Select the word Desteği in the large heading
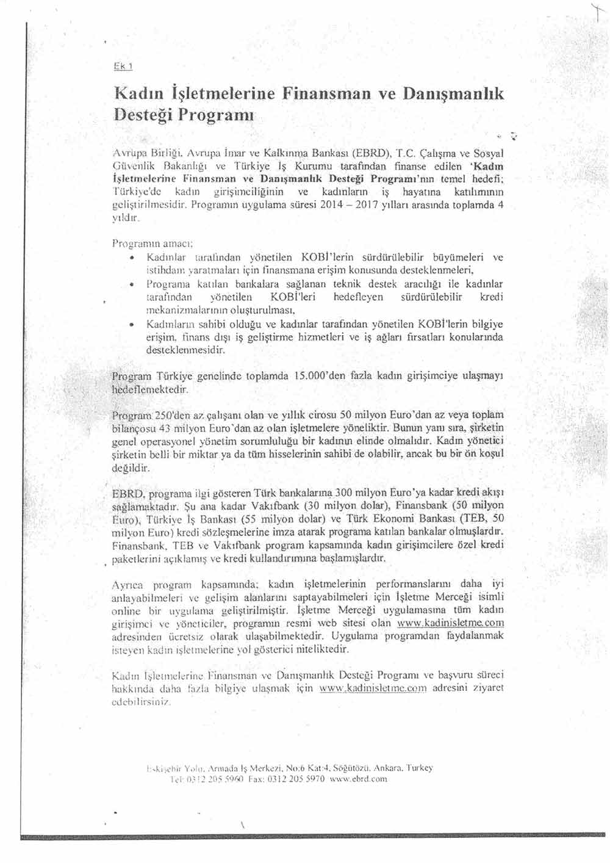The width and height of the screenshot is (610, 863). (143, 115)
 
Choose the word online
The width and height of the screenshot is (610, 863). (126, 610)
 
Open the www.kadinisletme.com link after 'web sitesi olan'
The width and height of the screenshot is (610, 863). (450, 623)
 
